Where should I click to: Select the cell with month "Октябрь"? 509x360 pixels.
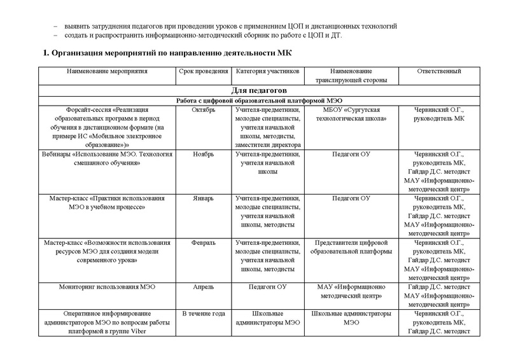pyautogui.click(x=203, y=110)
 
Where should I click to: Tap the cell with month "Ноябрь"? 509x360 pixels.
pyautogui.click(x=203, y=154)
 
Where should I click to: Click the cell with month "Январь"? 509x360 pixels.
pyautogui.click(x=203, y=198)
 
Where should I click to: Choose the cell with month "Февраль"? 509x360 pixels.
pyautogui.click(x=203, y=243)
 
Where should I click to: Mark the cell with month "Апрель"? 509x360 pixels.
pyautogui.click(x=203, y=287)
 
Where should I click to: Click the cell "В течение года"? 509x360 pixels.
pyautogui.click(x=203, y=314)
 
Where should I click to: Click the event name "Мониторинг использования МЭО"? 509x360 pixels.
pyautogui.click(x=106, y=287)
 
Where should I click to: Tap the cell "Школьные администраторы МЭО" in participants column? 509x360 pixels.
pyautogui.click(x=267, y=318)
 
